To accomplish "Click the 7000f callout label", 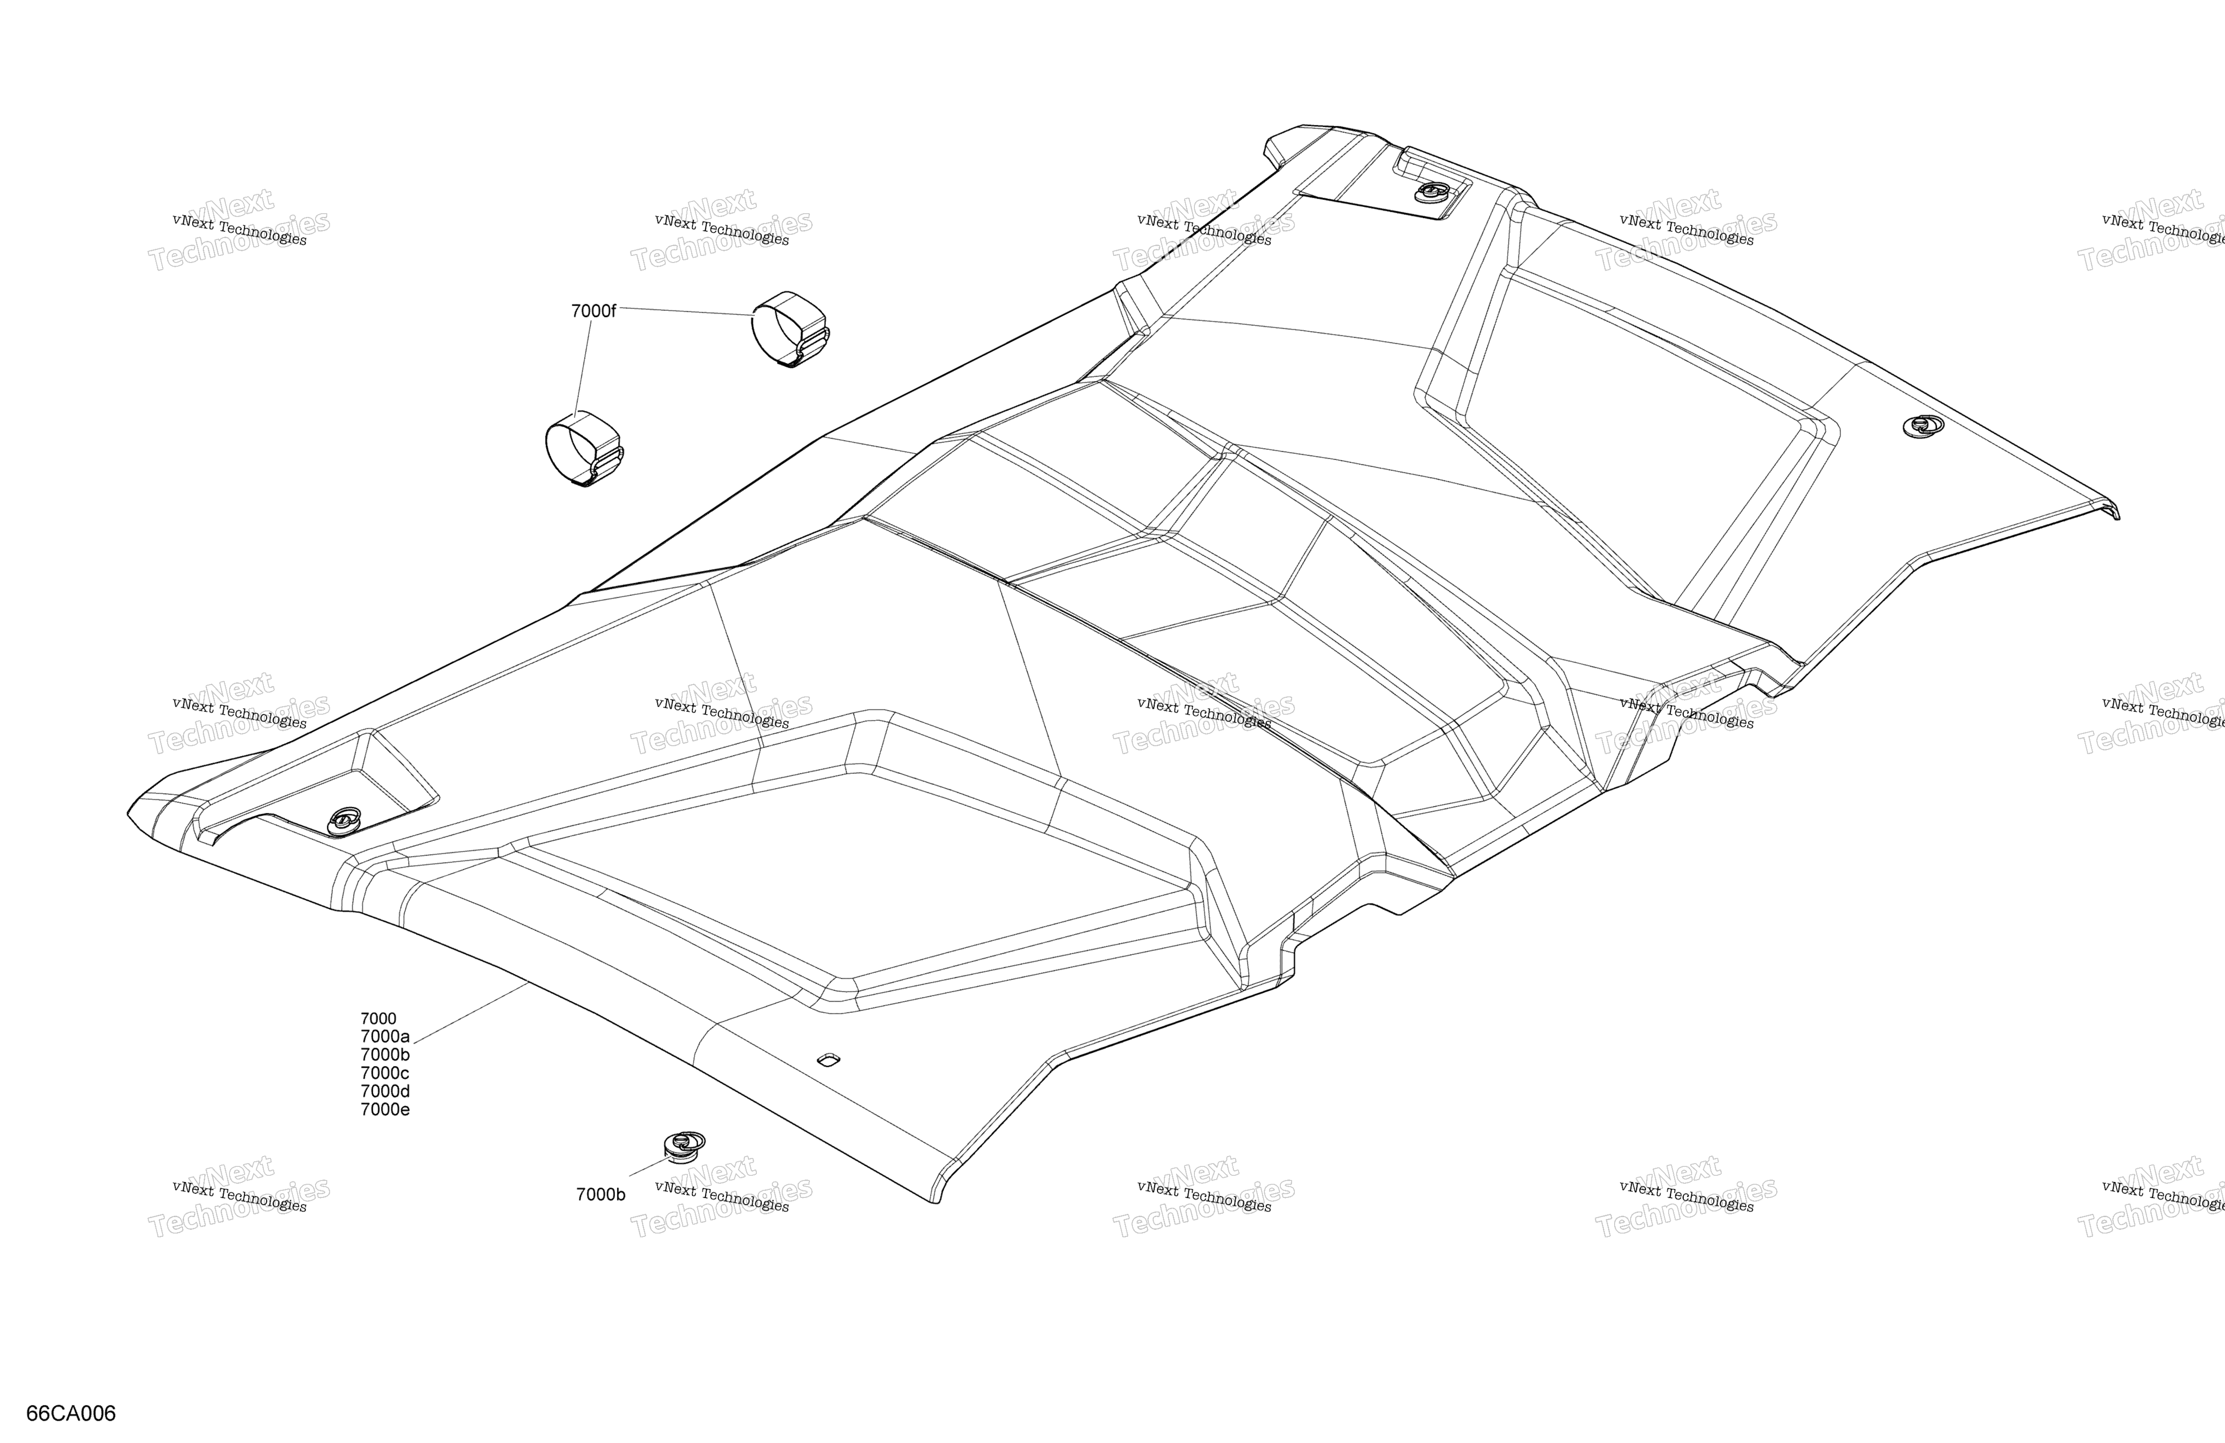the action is tap(593, 311).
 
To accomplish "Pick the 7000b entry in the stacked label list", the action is tap(385, 1055).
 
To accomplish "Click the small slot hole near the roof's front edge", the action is tap(828, 1058).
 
